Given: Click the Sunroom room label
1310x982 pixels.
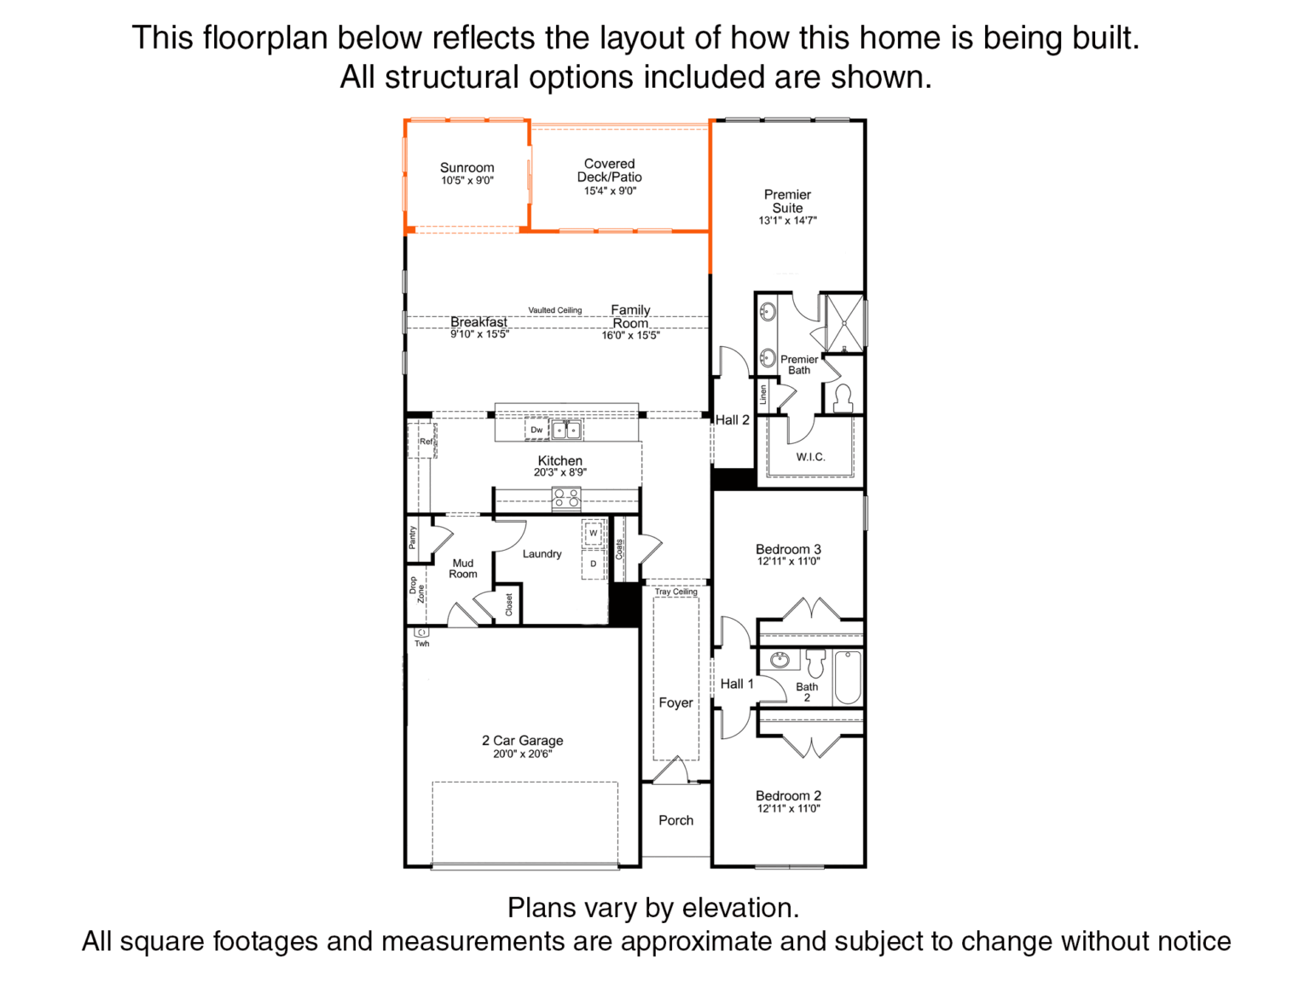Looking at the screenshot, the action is [467, 168].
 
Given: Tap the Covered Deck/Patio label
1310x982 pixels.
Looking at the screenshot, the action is [609, 170].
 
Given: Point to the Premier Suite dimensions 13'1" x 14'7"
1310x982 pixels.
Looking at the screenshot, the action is [787, 221].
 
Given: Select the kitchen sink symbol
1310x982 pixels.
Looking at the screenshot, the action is [565, 430].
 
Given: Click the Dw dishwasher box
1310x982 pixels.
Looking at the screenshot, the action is [536, 430].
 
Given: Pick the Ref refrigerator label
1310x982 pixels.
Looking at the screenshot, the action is [426, 442].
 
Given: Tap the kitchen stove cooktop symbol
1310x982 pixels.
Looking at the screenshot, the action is [565, 499].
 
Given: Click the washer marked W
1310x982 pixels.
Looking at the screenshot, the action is [594, 533].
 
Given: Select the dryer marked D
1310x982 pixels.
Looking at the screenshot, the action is [594, 563].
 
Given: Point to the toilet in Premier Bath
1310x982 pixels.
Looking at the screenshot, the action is [843, 398].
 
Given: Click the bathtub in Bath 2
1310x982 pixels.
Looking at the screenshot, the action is [848, 678].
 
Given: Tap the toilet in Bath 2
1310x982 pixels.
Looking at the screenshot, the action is [815, 663].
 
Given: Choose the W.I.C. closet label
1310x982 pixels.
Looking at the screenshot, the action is [810, 457].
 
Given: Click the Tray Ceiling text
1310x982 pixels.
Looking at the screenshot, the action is [675, 592].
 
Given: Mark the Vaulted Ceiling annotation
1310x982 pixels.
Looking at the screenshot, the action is [554, 310].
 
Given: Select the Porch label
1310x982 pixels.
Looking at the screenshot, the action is [675, 820].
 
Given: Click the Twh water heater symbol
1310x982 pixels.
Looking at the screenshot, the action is [421, 632].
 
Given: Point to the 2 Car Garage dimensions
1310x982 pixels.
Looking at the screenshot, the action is [522, 754].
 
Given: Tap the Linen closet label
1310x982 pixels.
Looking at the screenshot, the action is [762, 395].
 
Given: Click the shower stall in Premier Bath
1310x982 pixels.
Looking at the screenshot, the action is [843, 322].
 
